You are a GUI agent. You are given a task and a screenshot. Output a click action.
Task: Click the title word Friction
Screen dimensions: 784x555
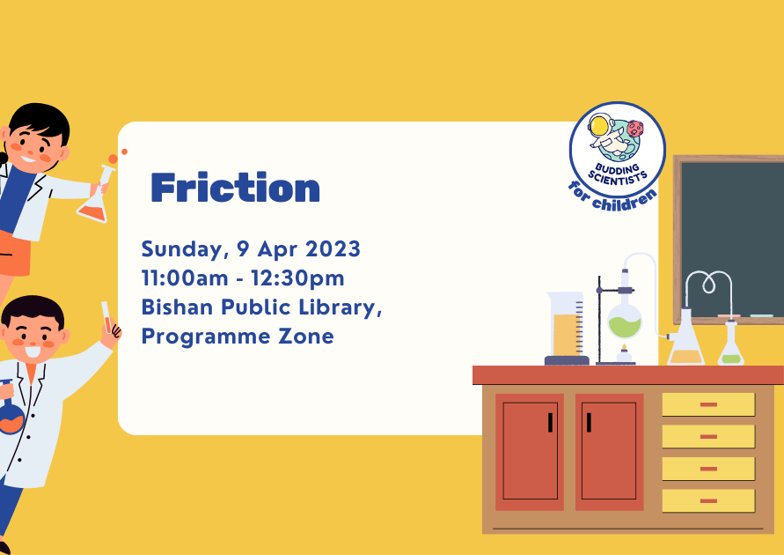point(235,188)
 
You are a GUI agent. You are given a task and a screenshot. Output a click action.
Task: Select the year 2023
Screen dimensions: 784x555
point(333,248)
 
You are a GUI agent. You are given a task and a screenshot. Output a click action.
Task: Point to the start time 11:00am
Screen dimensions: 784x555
point(185,277)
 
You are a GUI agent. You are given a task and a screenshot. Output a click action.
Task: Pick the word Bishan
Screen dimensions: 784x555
point(177,307)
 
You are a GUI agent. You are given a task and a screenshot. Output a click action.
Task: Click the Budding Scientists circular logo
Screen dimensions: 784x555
point(618,150)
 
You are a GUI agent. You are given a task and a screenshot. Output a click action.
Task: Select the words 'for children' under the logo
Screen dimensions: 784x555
point(613,197)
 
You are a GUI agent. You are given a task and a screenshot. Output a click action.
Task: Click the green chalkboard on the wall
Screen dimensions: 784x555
point(730,240)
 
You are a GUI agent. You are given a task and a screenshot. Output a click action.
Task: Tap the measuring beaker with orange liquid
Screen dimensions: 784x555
point(567,328)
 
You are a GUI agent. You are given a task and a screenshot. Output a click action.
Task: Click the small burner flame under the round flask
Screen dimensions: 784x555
point(624,348)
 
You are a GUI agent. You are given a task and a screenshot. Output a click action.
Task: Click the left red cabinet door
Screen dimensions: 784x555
point(530,451)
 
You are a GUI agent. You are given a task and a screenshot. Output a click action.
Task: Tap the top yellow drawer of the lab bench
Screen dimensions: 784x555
point(708,404)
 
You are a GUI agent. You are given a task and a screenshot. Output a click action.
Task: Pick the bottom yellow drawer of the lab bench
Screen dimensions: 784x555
point(708,501)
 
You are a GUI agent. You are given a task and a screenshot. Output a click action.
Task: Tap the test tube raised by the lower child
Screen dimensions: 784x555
point(106,317)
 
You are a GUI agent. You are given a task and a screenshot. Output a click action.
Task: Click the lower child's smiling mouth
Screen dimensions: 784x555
point(33,351)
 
